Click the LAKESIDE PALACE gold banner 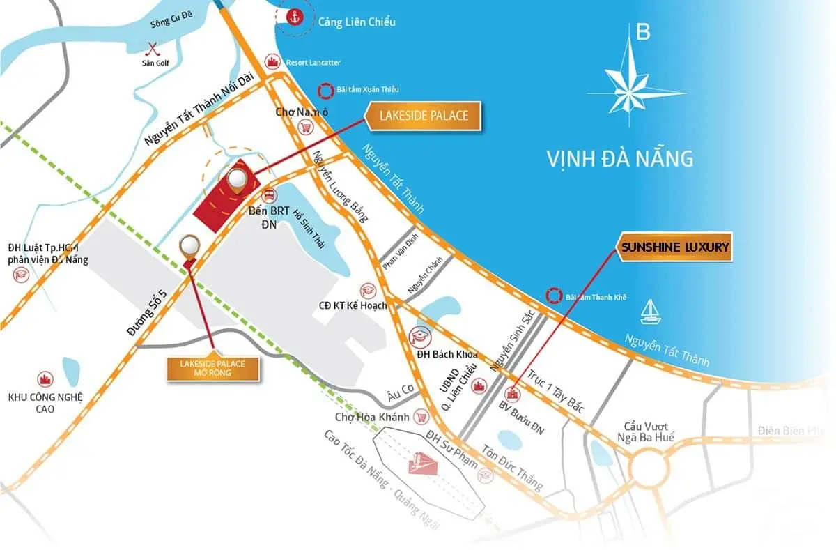coord(424,115)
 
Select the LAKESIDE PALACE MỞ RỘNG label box coord(214,367)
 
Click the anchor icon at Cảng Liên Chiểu coord(294,17)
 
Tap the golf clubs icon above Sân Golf coord(153,49)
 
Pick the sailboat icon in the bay coord(650,310)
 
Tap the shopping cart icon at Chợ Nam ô coord(305,127)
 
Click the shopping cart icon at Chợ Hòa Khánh coord(420,417)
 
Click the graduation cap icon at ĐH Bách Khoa coord(419,337)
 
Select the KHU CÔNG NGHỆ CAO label coord(46,402)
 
